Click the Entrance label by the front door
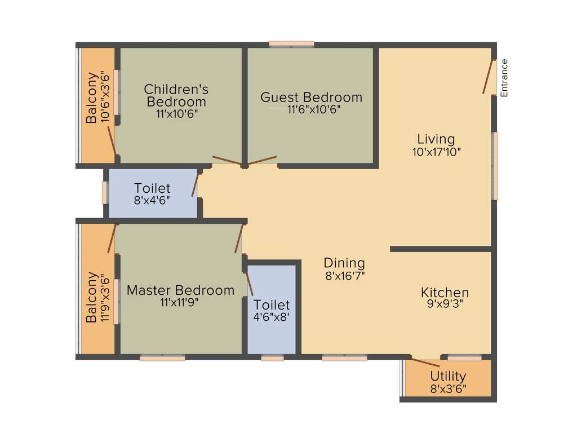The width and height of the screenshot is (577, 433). coord(504,78)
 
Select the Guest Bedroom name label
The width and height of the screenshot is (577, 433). coord(311,97)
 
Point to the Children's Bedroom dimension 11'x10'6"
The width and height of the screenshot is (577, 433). coord(177,113)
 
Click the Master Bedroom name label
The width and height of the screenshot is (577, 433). coord(180,290)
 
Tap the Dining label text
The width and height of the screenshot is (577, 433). coord(344,263)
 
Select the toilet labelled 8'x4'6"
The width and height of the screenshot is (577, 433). coord(152,193)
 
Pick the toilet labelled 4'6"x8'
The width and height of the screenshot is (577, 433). coord(272,311)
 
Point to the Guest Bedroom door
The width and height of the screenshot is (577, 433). coord(263,161)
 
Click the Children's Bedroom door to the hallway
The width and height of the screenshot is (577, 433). coord(227,161)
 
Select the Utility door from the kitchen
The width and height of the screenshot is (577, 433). coord(425,362)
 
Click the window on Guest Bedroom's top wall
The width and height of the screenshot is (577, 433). coord(291,43)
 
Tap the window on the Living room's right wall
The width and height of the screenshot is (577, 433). coord(495,166)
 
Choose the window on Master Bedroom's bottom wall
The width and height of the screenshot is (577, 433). coord(162,357)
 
